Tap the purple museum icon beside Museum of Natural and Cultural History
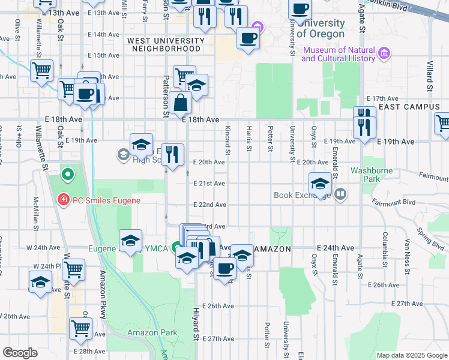(x=385, y=55)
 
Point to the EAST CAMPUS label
(x=413, y=107)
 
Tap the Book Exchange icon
(x=340, y=194)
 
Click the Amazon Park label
(x=152, y=332)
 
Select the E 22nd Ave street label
(x=209, y=205)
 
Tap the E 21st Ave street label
(x=209, y=184)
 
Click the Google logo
(x=20, y=353)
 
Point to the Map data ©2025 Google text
(x=412, y=355)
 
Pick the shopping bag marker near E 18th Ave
(x=180, y=103)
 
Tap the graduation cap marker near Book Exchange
(x=321, y=184)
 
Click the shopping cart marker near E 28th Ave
(x=80, y=328)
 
